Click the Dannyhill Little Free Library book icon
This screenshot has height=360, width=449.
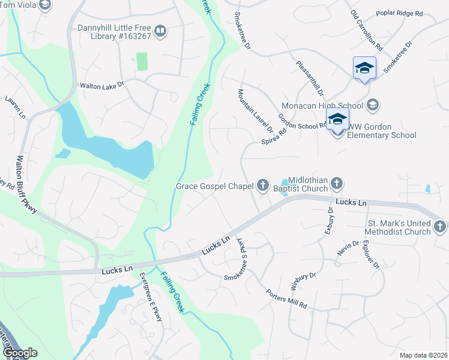tap(160, 31)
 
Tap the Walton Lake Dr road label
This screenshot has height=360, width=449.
tap(101, 86)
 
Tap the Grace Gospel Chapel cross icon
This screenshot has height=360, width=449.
tap(262, 186)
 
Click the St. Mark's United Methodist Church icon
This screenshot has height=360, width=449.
tap(439, 227)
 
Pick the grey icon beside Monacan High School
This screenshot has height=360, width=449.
tap(373, 106)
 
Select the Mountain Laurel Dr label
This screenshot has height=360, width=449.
tap(255, 111)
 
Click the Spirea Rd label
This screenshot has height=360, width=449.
tap(274, 136)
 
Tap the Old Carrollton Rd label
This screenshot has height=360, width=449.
tap(367, 30)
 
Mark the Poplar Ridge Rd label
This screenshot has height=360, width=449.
tap(399, 13)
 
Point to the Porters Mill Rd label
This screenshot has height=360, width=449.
tap(287, 299)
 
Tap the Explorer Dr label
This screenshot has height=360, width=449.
tap(370, 255)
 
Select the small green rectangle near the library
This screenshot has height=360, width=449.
tap(142, 61)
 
